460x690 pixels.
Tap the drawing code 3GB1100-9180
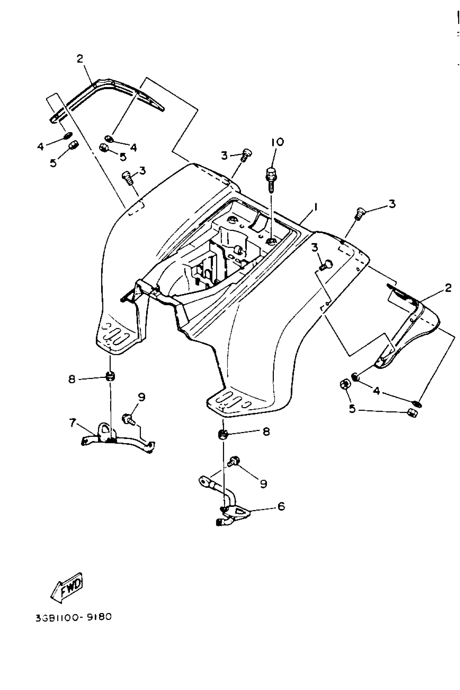click(x=74, y=617)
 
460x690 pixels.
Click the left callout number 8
click(x=72, y=379)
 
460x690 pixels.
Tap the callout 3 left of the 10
click(x=224, y=156)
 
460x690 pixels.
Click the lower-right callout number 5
click(x=352, y=409)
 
